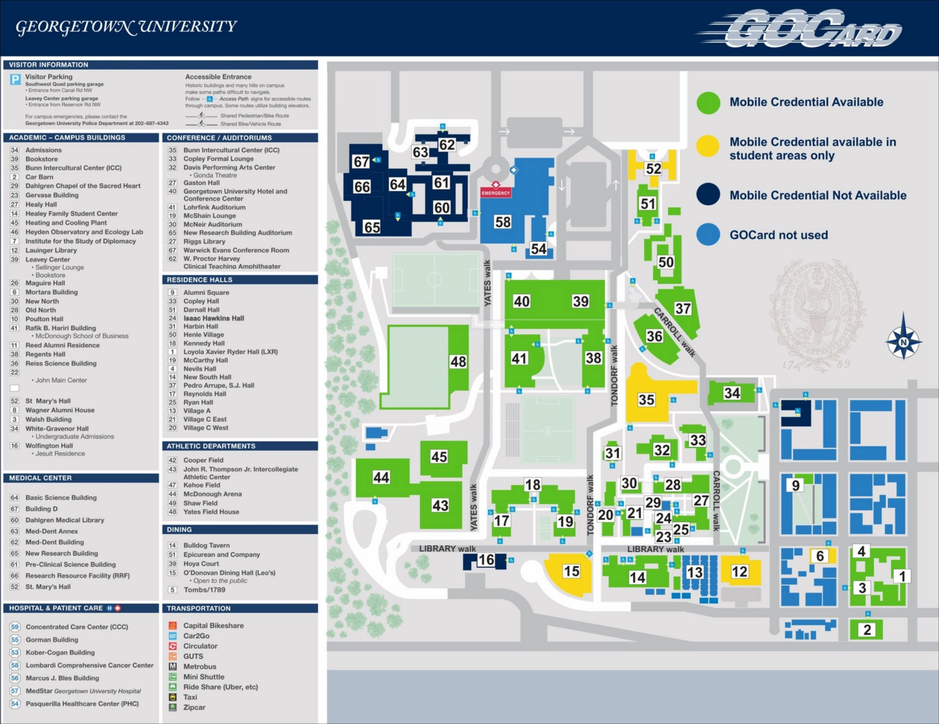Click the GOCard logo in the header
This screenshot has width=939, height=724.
click(x=803, y=29)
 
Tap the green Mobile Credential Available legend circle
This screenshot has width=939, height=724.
click(x=708, y=103)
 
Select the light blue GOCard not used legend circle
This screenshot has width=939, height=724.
click(x=708, y=235)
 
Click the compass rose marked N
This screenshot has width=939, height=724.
click(x=903, y=342)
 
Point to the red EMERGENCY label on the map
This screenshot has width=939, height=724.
click(x=495, y=193)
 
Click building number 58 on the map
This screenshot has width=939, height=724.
click(x=502, y=222)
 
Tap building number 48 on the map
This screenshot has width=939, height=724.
click(x=458, y=361)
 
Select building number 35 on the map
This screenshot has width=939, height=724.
click(x=646, y=400)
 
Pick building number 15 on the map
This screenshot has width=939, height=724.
click(x=571, y=571)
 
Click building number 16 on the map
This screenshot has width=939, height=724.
click(x=486, y=560)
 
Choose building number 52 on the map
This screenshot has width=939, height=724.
click(x=653, y=168)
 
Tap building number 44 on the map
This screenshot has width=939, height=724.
click(x=381, y=478)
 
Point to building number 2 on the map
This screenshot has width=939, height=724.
click(x=867, y=630)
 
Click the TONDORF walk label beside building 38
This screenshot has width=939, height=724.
click(x=614, y=375)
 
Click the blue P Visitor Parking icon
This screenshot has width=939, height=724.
click(x=15, y=79)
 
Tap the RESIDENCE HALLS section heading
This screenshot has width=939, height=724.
click(x=200, y=280)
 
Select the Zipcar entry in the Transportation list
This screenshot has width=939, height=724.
click(x=194, y=707)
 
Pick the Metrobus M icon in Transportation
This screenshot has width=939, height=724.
click(x=173, y=666)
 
